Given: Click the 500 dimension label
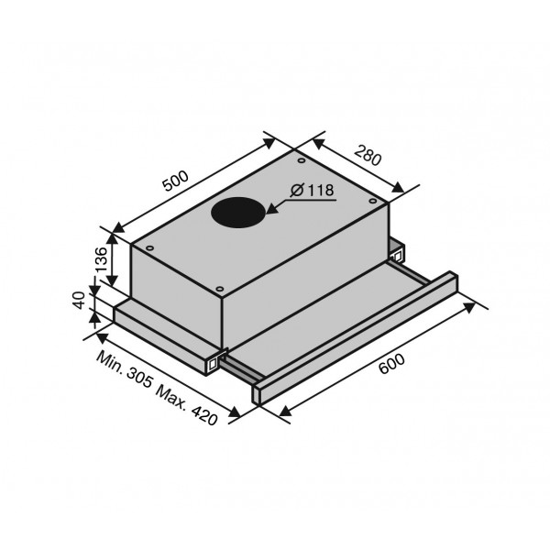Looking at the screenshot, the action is tap(176, 181).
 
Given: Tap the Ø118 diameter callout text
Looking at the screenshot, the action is tap(313, 191).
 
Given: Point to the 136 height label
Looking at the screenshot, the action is tap(101, 259).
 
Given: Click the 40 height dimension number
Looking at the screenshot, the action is tap(81, 301).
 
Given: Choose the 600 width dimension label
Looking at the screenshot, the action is tap(391, 364).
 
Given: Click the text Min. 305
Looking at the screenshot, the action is tap(125, 369).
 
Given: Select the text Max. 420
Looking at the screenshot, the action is tap(187, 405).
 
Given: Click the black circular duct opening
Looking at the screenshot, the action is tap(237, 213).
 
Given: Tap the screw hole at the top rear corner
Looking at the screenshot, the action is tap(301, 160).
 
